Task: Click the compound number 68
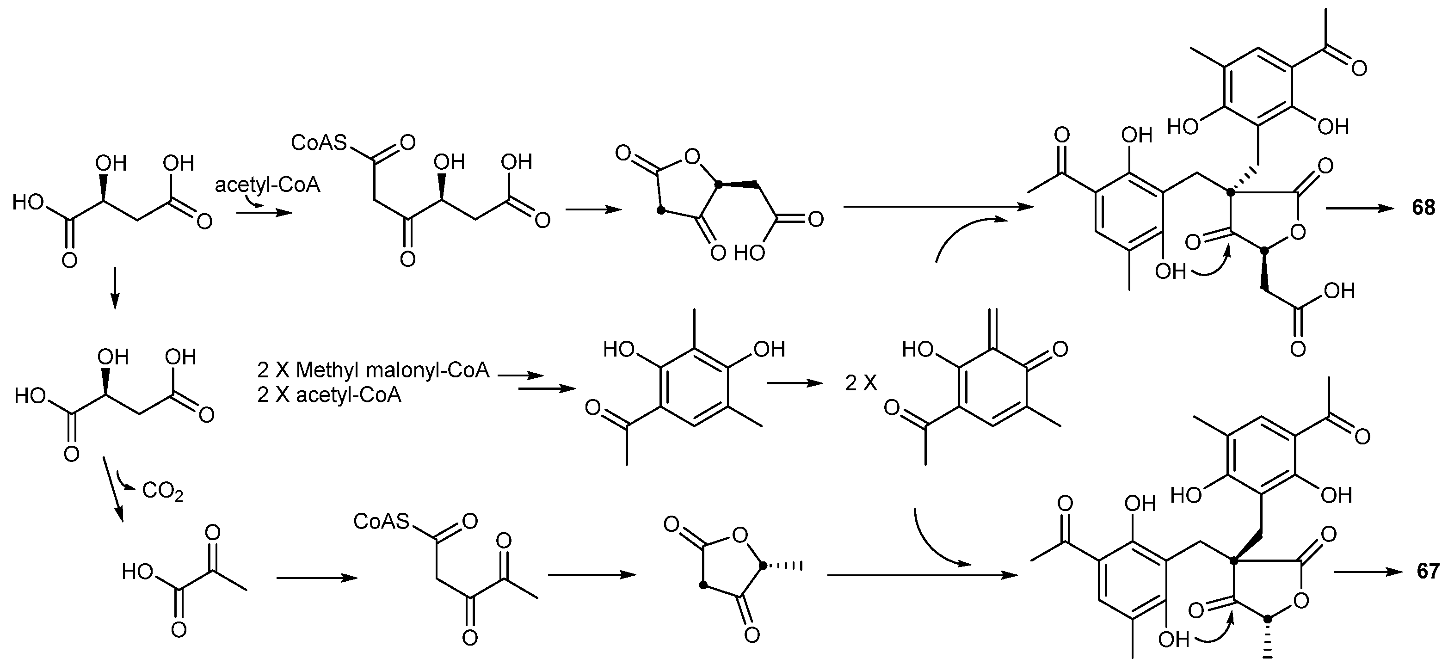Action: pyautogui.click(x=1423, y=209)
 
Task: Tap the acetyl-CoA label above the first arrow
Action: pyautogui.click(x=268, y=185)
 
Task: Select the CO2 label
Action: pyautogui.click(x=162, y=491)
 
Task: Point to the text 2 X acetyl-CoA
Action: pyautogui.click(x=329, y=395)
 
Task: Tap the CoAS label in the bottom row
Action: pyautogui.click(x=381, y=522)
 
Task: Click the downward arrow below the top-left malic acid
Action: pyautogui.click(x=115, y=289)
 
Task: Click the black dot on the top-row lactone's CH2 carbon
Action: pyautogui.click(x=662, y=211)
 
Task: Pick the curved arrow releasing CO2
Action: pyautogui.click(x=125, y=482)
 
